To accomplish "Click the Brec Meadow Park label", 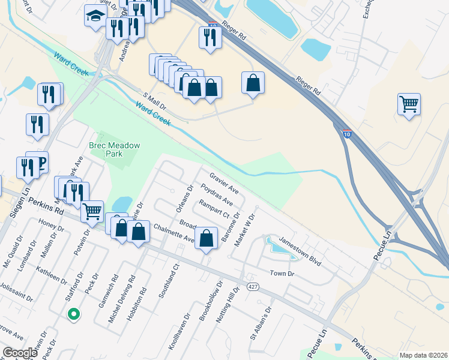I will pos(114,149).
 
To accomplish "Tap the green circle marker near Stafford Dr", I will pos(73,313).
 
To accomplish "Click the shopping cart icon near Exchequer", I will pos(409,104).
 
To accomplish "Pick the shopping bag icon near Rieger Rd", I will pos(253,82).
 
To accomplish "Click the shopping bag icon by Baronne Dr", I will pos(206,238).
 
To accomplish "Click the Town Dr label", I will pos(282,273).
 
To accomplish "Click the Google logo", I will pos(20,352).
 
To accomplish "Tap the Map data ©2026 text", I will pos(423,355).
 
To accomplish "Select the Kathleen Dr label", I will pos(51,277).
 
